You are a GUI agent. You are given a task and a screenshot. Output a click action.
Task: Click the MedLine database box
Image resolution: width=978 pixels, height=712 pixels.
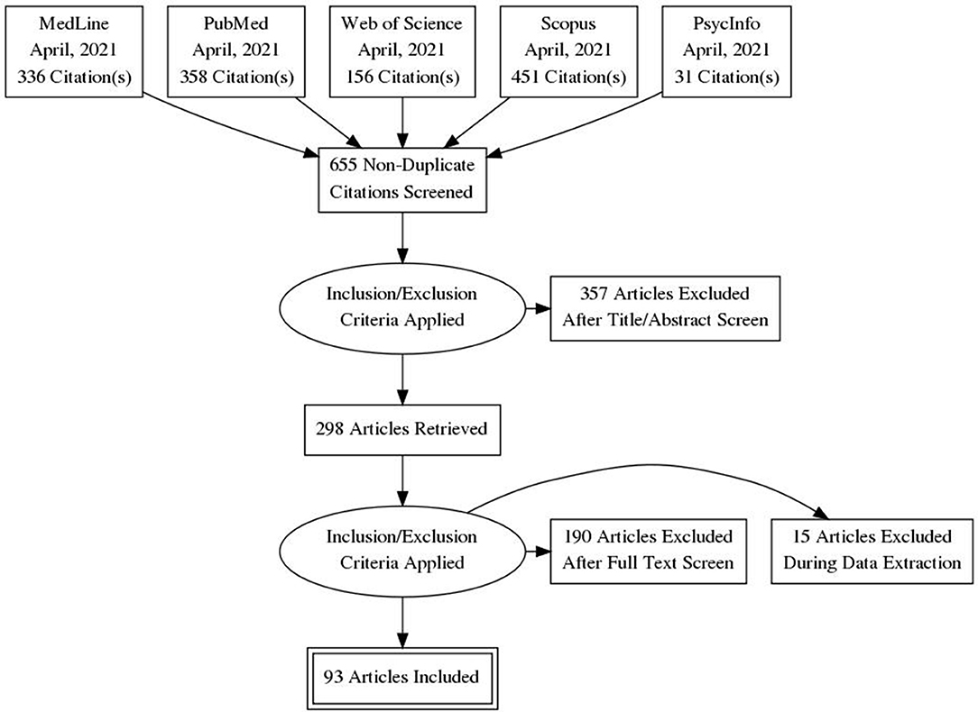point(74,51)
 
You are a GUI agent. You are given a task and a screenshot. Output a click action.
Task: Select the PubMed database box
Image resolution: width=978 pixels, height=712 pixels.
point(236,51)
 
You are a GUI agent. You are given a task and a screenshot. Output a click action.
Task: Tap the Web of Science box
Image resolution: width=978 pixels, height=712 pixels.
point(401,51)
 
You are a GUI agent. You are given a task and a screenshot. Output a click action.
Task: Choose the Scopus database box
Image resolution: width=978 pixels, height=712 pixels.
point(568,51)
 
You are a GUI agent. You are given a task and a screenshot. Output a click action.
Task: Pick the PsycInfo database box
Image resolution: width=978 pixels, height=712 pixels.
point(726,51)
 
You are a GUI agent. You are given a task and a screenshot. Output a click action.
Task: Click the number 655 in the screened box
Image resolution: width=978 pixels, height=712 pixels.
point(343,165)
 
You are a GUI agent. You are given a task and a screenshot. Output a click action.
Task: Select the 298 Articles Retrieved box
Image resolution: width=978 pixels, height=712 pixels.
point(401,430)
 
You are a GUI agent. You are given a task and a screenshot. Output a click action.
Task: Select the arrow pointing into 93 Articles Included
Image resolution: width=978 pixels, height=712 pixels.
point(402,622)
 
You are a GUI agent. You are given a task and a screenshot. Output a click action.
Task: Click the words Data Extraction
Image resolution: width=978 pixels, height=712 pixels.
point(872,564)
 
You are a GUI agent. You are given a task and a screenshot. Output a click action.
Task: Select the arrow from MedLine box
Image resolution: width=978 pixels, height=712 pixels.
point(231,124)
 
